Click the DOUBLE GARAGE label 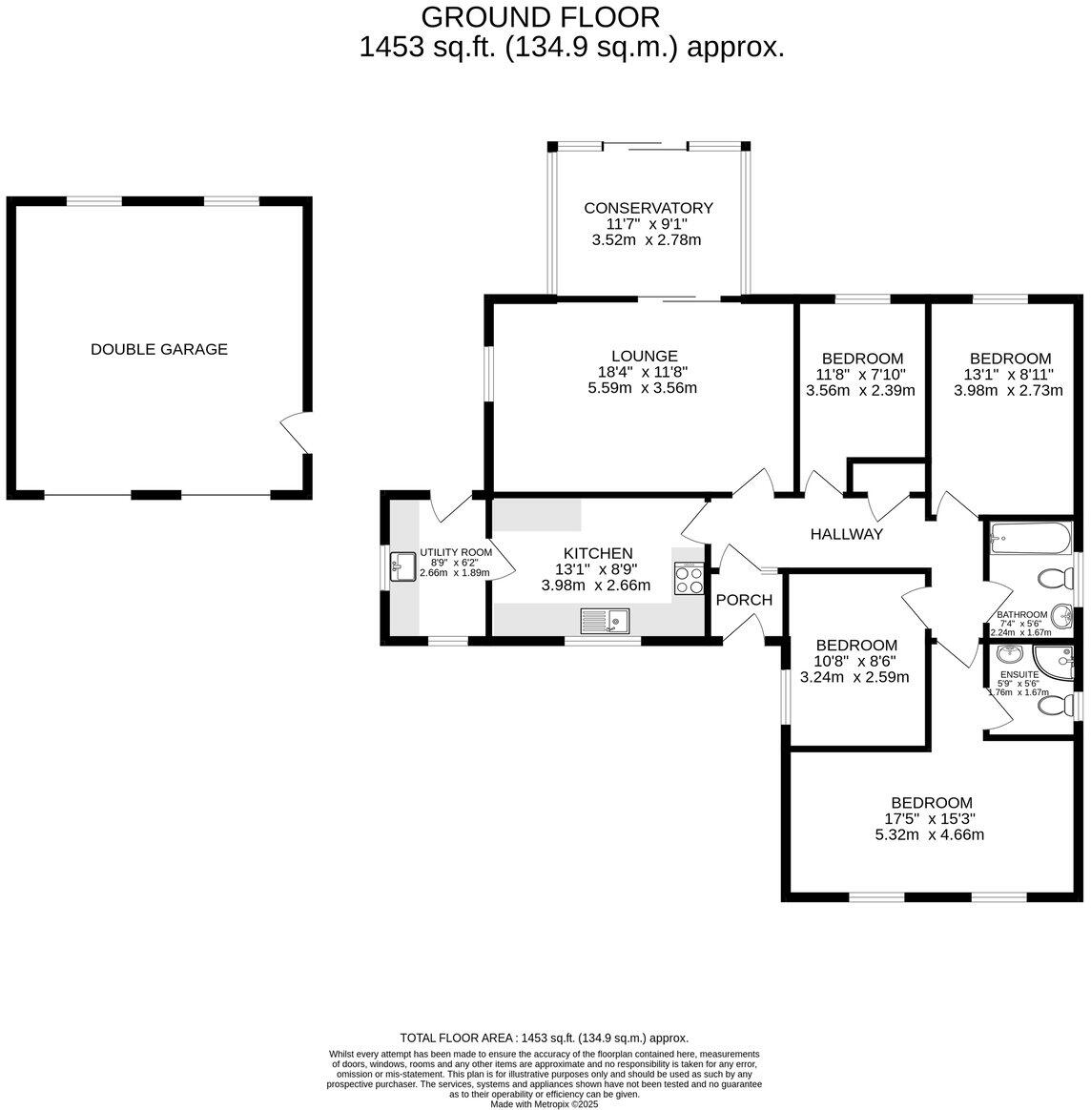click(159, 349)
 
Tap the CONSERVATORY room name click(648, 208)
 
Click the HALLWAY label click(846, 534)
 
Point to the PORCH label click(744, 600)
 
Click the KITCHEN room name click(598, 553)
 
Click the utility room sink click(401, 568)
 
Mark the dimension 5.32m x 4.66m click(929, 834)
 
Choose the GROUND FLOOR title click(540, 17)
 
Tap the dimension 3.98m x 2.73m click(1007, 390)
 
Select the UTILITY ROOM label click(456, 552)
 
